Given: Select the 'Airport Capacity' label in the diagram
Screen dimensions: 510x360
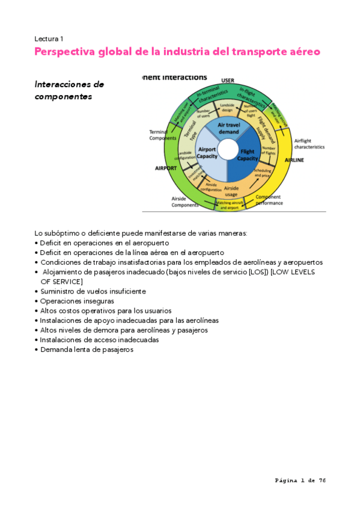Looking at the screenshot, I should click(207, 153).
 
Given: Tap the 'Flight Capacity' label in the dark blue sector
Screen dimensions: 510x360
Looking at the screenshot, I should click(248, 155).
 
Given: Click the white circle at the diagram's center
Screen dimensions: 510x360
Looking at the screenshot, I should click(228, 149).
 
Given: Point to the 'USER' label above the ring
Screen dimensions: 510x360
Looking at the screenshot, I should click(228, 80).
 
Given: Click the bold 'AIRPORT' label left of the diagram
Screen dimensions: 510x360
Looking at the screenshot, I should click(165, 168).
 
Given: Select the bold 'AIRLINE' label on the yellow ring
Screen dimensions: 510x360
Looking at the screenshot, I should click(294, 161).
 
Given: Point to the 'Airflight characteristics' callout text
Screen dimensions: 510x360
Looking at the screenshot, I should click(309, 143).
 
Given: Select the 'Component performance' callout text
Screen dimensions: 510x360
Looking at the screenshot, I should click(269, 200).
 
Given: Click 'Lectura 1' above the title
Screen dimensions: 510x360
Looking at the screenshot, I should click(50, 38).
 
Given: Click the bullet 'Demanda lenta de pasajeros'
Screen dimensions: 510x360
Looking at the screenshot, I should click(87, 349).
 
